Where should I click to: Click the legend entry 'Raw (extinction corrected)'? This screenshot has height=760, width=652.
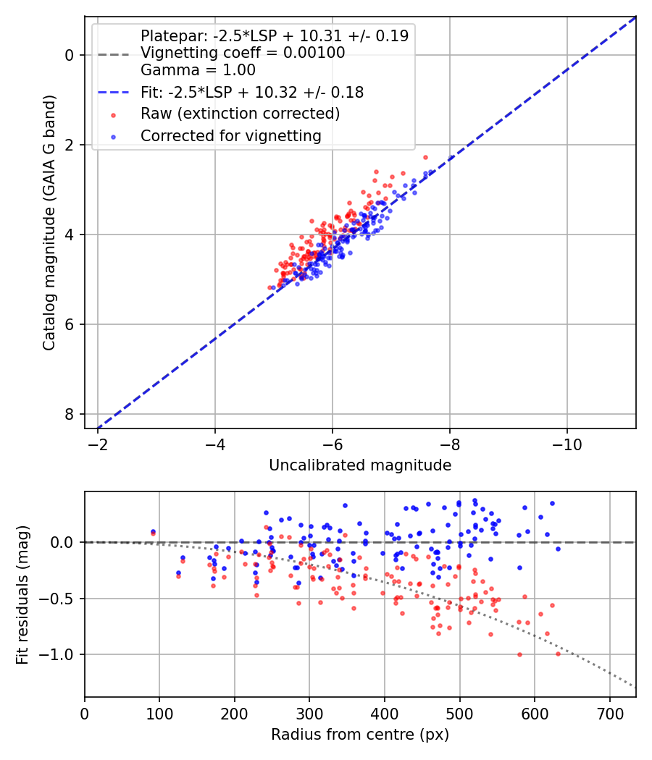240,114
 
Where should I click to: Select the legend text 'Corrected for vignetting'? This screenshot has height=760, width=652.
231,136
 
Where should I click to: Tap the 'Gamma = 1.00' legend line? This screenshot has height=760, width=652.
198,70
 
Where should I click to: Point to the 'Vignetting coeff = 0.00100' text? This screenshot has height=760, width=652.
243,53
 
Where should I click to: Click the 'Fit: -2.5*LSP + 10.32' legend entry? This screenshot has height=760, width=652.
252,92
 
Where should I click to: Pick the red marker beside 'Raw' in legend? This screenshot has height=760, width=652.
114,115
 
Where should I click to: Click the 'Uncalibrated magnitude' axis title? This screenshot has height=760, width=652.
360,465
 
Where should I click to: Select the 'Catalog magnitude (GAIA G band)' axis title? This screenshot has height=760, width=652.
49,222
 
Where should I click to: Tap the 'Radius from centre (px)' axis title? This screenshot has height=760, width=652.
360,735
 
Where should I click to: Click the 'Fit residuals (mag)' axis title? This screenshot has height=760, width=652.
22,595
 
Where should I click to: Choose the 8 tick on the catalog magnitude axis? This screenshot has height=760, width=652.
69,415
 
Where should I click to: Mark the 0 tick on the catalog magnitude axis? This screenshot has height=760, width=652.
69,55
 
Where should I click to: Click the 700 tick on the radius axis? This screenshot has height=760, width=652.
610,714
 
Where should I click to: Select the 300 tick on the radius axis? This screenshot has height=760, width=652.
309,714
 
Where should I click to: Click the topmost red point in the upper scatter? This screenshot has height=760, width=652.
426,158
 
